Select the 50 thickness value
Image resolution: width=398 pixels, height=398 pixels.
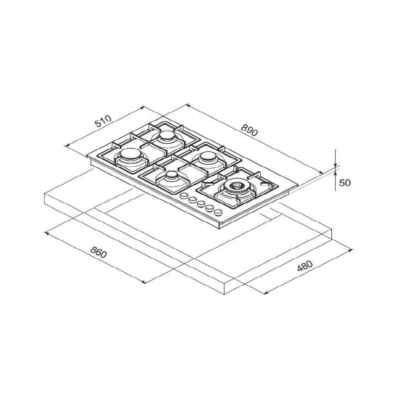345,183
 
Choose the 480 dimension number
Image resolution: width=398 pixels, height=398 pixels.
304,266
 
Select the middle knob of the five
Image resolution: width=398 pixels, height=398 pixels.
201,204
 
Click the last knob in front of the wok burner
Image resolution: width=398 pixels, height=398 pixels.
218,212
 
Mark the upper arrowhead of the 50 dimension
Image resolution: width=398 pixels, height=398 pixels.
336,164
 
